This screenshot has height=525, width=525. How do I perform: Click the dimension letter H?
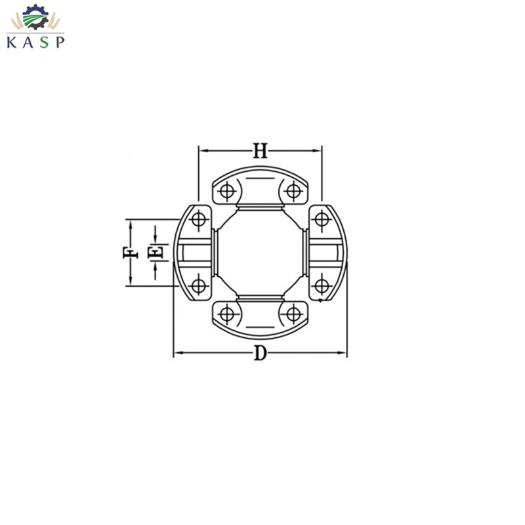pos(260,151)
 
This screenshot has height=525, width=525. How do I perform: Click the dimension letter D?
pos(260,353)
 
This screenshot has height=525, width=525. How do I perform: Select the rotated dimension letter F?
pos(130,253)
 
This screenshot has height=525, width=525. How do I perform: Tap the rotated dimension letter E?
pos(156,252)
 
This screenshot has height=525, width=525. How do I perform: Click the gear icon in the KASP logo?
pos(35,18)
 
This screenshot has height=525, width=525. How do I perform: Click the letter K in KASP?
pos(12,42)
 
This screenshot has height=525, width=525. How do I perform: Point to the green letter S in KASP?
pos(45,42)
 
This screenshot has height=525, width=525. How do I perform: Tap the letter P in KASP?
pos(60,42)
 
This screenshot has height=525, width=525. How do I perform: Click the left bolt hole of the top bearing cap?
pos(226,192)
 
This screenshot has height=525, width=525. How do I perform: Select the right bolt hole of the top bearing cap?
pos(293,192)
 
